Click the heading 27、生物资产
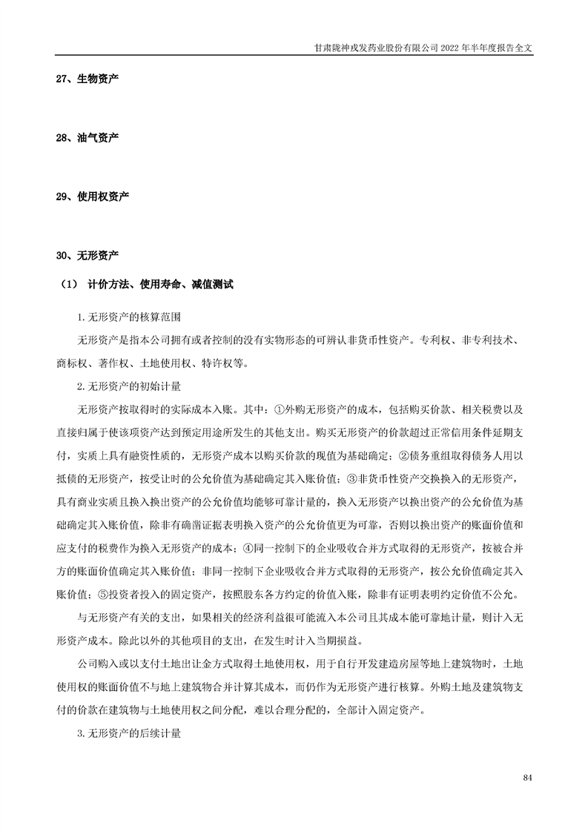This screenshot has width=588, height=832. (87, 79)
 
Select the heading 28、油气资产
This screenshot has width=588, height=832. (87, 138)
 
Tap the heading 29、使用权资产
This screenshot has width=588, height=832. (93, 197)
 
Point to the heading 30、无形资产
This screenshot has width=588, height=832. (87, 256)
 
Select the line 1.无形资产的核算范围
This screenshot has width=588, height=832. (129, 317)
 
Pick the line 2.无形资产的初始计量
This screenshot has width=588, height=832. (129, 386)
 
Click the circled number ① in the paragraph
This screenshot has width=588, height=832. (280, 409)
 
